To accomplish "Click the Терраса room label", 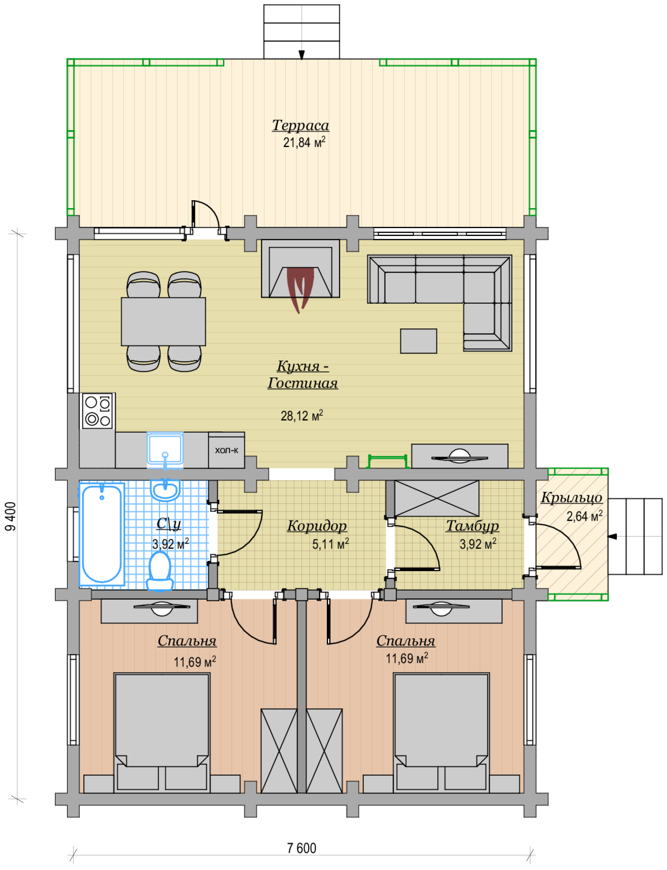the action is pyautogui.click(x=301, y=125).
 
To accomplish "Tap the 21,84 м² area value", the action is pyautogui.click(x=304, y=142).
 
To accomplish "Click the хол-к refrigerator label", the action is pyautogui.click(x=226, y=450).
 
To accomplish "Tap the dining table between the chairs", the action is pyautogui.click(x=163, y=321).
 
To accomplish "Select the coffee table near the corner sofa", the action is pyautogui.click(x=418, y=341).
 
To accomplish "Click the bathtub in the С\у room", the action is pyautogui.click(x=102, y=534).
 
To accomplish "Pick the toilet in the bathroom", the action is pyautogui.click(x=160, y=571).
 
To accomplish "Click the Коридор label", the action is pyautogui.click(x=317, y=526).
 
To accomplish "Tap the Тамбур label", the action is pyautogui.click(x=472, y=526).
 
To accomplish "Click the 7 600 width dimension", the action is pyautogui.click(x=302, y=848).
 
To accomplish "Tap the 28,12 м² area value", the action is pyautogui.click(x=302, y=416).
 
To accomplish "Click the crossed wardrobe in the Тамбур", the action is pyautogui.click(x=437, y=498).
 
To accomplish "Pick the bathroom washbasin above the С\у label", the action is pyautogui.click(x=165, y=490).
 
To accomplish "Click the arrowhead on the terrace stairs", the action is pyautogui.click(x=302, y=55).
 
